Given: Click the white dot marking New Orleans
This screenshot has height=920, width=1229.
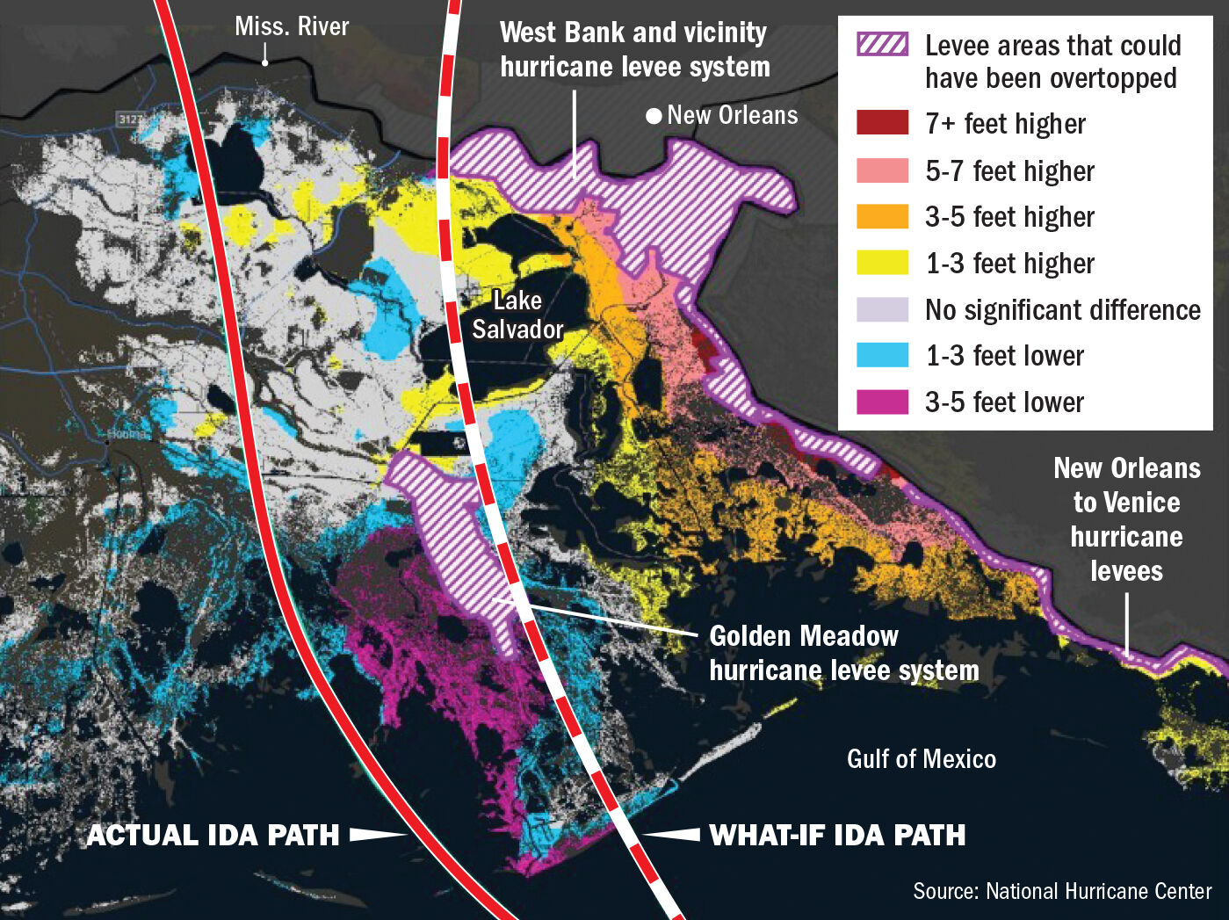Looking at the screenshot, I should click(x=654, y=116).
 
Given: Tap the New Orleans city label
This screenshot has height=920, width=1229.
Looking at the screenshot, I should click(x=732, y=115).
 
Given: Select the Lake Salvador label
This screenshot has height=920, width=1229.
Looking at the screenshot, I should click(x=517, y=315).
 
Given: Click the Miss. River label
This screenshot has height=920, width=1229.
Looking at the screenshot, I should click(x=292, y=26).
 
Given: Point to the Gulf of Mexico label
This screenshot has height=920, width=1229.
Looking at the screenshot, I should click(x=921, y=758).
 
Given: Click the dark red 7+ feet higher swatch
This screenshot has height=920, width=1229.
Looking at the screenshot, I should click(x=882, y=123).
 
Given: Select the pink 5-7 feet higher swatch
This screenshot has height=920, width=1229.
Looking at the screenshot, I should click(x=882, y=170).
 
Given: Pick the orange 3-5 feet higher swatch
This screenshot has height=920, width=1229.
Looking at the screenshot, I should click(x=882, y=216).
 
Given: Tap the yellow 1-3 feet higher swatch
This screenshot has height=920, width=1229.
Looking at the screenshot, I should click(x=882, y=263).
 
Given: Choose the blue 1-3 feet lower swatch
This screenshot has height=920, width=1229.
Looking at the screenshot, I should click(x=882, y=355).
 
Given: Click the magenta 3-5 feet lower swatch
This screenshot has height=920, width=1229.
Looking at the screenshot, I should click(x=882, y=402).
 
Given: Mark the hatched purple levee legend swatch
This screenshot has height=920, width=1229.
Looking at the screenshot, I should click(x=882, y=45).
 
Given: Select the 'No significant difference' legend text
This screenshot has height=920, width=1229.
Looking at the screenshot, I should click(x=1062, y=309).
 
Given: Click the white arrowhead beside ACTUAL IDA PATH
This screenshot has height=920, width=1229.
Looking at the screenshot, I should click(x=378, y=834).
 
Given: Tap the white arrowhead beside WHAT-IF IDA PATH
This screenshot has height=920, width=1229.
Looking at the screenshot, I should click(x=672, y=834).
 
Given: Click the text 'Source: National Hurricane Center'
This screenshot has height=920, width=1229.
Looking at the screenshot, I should click(x=1062, y=891).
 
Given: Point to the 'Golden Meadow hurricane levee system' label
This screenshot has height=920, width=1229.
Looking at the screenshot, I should click(x=842, y=653).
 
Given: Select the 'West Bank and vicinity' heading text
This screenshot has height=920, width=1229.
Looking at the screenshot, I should click(x=633, y=33).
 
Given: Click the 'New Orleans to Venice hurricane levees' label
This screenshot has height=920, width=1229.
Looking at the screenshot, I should click(x=1126, y=518).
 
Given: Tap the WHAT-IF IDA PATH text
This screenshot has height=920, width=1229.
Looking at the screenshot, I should click(x=837, y=834).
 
